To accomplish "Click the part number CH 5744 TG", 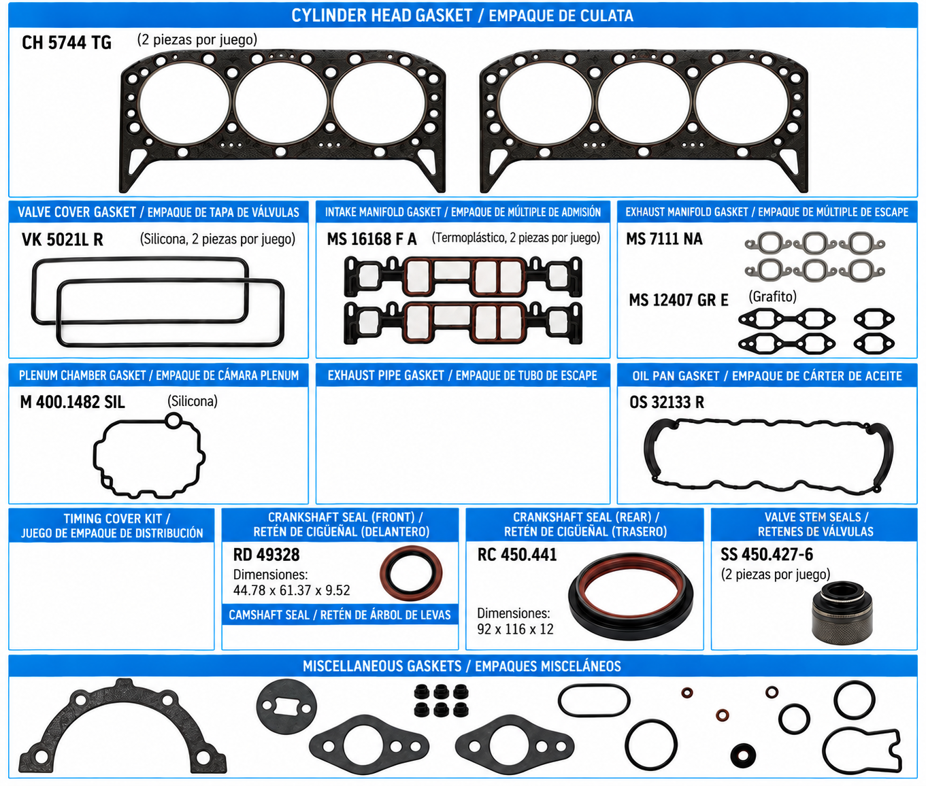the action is tap(66, 43).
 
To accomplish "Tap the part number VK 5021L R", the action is tap(63, 239).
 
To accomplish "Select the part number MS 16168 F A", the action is tap(371, 239).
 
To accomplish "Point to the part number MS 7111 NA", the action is tap(664, 239).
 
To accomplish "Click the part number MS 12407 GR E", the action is tap(678, 300).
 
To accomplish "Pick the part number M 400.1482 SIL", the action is tap(73, 402).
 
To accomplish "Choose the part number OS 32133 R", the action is tap(667, 402).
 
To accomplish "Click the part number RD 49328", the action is tap(266, 555).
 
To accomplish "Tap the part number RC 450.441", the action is tap(517, 555).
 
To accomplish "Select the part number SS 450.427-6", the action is tap(767, 555).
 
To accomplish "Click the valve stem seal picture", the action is tap(842, 613).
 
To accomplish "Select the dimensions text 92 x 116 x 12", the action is tap(515, 630).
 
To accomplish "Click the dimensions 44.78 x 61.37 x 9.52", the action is tap(291, 590).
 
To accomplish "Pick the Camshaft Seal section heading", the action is tap(340, 615).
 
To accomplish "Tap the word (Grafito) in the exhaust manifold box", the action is tap(772, 296).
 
